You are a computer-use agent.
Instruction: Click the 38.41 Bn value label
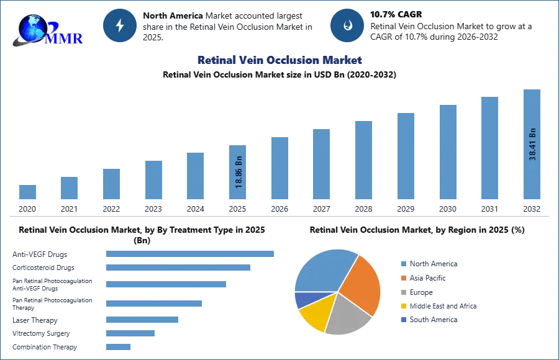pyautogui.click(x=532, y=144)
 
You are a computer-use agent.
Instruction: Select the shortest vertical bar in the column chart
pyautogui.click(x=27, y=193)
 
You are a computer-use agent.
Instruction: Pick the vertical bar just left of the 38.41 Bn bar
pyautogui.click(x=489, y=149)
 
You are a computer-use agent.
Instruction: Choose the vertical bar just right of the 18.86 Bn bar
pyautogui.click(x=278, y=168)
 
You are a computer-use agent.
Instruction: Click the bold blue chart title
pyautogui.click(x=278, y=60)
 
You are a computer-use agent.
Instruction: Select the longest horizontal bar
pyautogui.click(x=191, y=253)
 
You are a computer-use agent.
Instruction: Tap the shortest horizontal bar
pyautogui.click(x=119, y=348)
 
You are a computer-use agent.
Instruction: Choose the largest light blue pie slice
pyautogui.click(x=323, y=270)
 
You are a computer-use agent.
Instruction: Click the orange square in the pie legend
pyautogui.click(x=402, y=278)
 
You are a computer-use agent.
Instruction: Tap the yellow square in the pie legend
pyautogui.click(x=402, y=307)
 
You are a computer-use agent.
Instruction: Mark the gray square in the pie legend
pyautogui.click(x=402, y=292)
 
